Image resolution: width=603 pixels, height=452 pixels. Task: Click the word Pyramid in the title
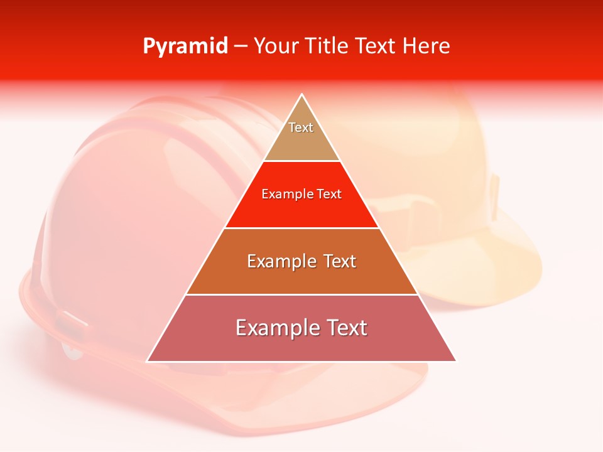point(185,46)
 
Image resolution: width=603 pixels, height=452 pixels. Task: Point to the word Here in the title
point(426,46)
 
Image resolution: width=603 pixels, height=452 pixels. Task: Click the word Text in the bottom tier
point(344,328)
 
